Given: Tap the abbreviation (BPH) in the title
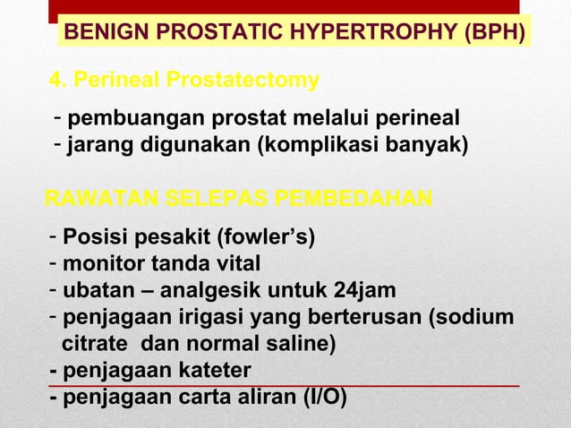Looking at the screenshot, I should click(x=491, y=34).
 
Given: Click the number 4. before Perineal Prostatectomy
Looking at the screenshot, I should click(x=58, y=81).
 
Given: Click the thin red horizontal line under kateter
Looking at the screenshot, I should click(x=358, y=385).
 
